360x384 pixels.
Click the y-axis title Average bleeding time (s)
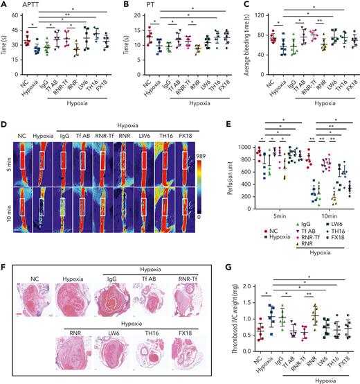(242, 49)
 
